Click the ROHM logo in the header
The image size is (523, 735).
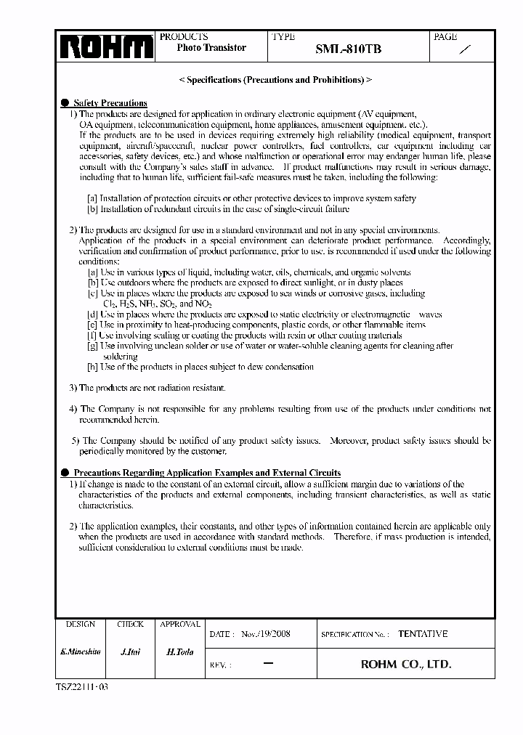pos(106,47)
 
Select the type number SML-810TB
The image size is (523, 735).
pos(348,49)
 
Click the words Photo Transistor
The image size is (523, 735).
pos(211,48)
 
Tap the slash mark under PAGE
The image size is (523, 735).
pos(466,49)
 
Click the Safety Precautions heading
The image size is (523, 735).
pos(110,103)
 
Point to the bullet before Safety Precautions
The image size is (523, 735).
pos(65,103)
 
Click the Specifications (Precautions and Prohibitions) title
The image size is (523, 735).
pos(275,80)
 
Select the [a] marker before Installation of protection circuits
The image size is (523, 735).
pos(92,198)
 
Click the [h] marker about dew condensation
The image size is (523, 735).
pos(92,367)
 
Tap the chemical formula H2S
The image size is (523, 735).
pos(126,304)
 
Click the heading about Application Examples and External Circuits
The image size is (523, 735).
pos(207,473)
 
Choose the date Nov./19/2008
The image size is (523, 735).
pos(265,633)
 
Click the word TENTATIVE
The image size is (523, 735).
pos(423,633)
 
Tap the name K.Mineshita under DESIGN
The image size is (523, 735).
pos(80,652)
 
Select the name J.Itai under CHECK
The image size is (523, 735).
pos(130,652)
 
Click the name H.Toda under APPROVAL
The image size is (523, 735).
pos(180,652)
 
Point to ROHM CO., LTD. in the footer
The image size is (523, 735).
pos(406,664)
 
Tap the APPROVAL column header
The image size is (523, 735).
pos(180,624)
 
